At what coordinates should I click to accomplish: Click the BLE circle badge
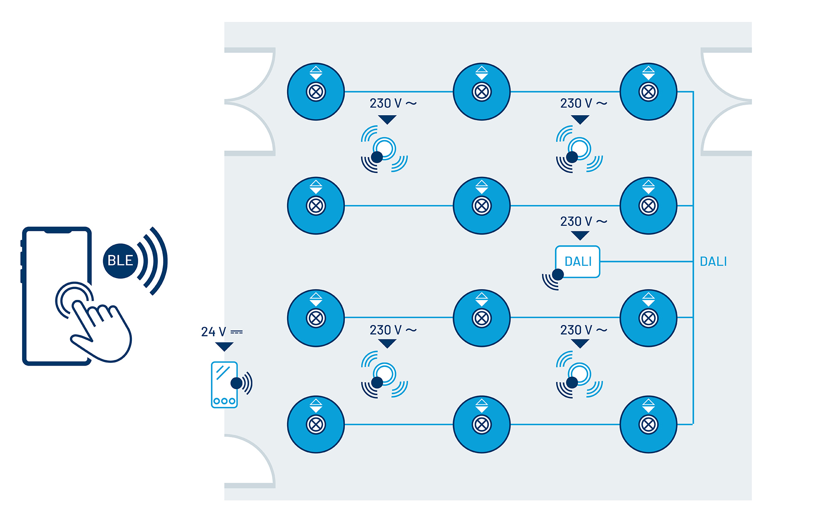click(120, 261)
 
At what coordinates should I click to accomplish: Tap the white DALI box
click(578, 262)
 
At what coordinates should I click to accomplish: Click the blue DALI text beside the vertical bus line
click(713, 262)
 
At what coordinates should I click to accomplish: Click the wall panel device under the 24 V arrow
click(224, 384)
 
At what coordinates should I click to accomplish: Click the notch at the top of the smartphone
click(57, 230)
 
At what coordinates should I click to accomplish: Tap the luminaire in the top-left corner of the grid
click(316, 92)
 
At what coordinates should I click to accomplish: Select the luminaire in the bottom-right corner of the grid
click(648, 424)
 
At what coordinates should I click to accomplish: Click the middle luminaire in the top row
click(482, 92)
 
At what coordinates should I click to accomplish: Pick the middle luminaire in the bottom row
click(482, 424)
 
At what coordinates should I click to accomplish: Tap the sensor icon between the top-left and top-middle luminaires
click(384, 149)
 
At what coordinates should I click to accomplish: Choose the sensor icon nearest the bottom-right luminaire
click(579, 375)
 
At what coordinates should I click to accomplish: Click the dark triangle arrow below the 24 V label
click(224, 347)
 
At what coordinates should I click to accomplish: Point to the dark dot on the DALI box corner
click(558, 274)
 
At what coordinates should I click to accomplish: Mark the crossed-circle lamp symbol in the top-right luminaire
click(648, 92)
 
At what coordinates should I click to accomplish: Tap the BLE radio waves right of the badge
click(153, 261)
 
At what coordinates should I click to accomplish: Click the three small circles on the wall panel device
click(224, 401)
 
